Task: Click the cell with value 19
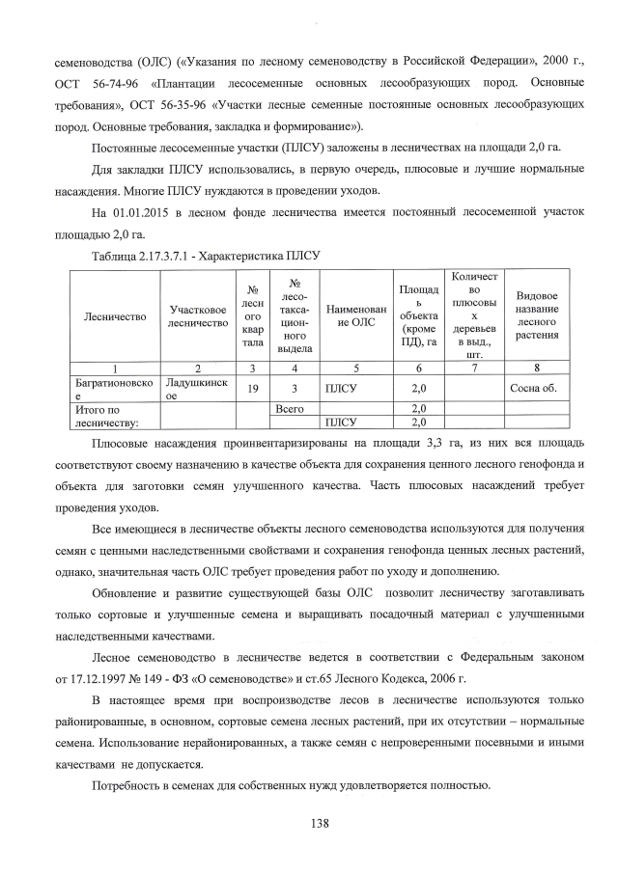click(252, 388)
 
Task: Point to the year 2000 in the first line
click(532, 63)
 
